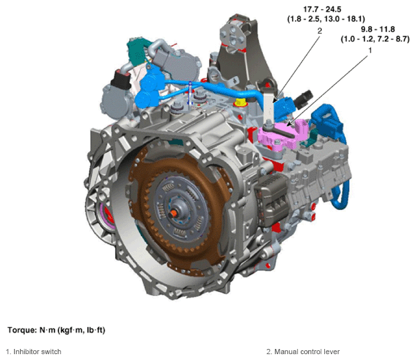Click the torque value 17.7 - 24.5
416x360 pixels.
coord(322,9)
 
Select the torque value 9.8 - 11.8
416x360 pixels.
coord(378,29)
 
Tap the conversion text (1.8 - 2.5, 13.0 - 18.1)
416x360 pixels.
coord(326,19)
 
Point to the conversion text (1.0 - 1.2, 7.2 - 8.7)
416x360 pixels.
coord(375,39)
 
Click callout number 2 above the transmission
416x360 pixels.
coord(320,31)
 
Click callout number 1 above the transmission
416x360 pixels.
coord(370,50)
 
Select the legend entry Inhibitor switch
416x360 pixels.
coord(34,352)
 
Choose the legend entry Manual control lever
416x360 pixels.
coord(304,352)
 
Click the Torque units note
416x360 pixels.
coord(57,330)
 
